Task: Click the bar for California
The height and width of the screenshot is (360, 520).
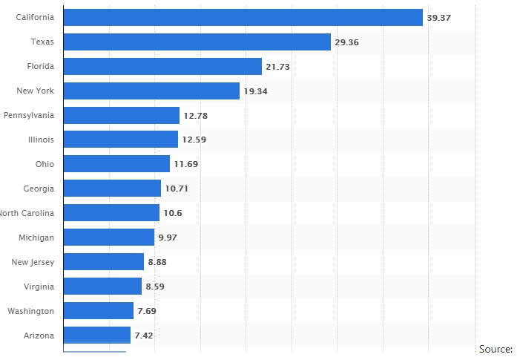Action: tap(243, 17)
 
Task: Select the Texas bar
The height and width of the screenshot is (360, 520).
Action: tap(197, 42)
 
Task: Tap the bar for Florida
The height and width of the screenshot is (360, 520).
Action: tap(163, 66)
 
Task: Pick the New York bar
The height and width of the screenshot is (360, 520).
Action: tap(152, 91)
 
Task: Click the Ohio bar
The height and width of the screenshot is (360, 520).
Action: tap(117, 163)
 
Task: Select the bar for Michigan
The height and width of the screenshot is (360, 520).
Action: tap(109, 237)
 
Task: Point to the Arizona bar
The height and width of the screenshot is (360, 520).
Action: tap(97, 335)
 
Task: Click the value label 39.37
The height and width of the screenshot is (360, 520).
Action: tap(438, 18)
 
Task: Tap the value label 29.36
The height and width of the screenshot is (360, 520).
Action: tap(346, 42)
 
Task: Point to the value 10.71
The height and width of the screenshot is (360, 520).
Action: tap(177, 189)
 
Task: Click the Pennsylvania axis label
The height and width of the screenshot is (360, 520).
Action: tap(29, 115)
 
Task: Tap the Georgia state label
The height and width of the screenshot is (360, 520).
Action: tap(39, 189)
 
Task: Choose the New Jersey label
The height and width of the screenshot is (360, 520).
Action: tap(33, 262)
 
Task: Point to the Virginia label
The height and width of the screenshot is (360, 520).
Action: tap(38, 287)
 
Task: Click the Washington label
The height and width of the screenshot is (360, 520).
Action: tap(30, 311)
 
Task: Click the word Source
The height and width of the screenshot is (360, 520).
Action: tap(496, 349)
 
